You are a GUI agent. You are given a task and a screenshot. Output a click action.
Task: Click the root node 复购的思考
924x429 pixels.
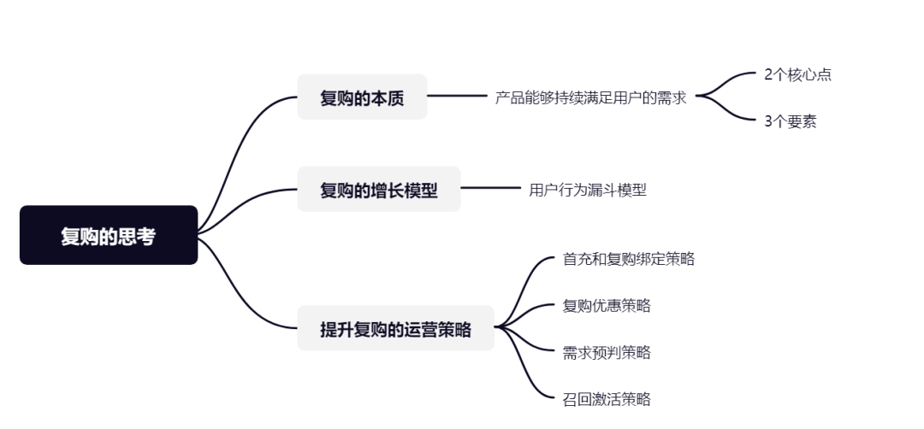coord(109,236)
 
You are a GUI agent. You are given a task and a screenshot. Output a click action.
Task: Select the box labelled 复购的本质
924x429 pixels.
coord(362,97)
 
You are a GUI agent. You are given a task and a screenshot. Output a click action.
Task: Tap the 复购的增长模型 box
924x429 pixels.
coord(378,190)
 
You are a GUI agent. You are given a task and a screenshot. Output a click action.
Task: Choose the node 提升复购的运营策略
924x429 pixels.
coord(395,328)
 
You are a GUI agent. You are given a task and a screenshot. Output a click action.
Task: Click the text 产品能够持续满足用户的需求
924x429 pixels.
coord(590,97)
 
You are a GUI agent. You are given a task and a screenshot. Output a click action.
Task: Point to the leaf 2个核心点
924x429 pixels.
coord(797,74)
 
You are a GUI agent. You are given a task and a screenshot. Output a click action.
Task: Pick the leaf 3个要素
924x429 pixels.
coord(790,121)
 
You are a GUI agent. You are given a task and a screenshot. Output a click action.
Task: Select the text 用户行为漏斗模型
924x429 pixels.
coord(588,190)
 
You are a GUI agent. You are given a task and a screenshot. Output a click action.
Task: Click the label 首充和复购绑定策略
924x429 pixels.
coord(628,259)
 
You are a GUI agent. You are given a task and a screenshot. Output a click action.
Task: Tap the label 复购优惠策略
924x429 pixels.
coord(607,305)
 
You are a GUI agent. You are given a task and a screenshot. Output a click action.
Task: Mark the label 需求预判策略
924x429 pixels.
coord(607,352)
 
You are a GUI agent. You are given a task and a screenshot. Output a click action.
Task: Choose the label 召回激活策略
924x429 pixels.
coord(607,398)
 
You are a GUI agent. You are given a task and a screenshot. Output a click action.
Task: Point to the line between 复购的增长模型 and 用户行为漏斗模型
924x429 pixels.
coord(489,189)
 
